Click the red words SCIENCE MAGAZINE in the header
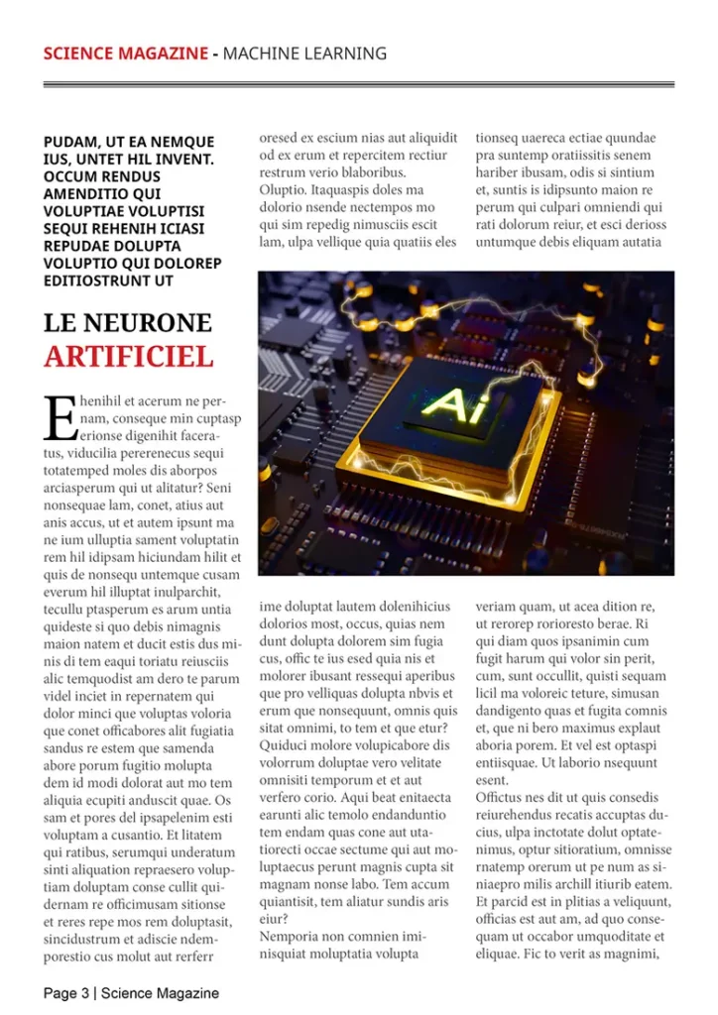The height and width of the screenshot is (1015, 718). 125,54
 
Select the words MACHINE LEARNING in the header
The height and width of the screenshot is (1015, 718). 304,54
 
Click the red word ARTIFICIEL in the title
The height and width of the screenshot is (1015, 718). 128,356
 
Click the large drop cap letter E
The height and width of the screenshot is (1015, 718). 60,418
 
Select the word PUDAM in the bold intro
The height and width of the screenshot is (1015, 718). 70,143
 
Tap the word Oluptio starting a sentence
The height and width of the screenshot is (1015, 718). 283,189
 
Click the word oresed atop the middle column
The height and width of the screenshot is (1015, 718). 278,138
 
